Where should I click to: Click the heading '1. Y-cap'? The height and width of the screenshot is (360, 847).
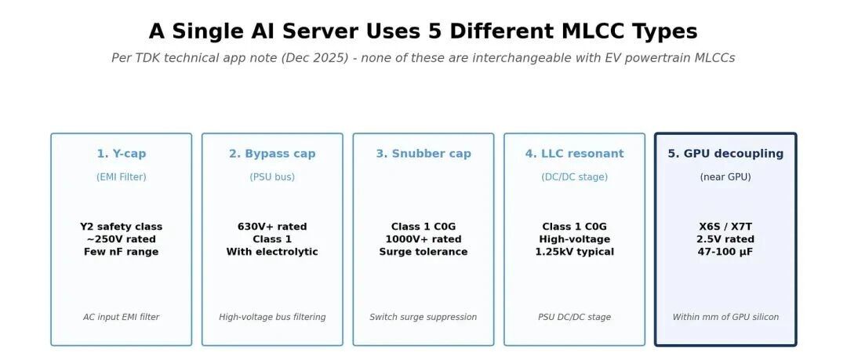[x=121, y=154]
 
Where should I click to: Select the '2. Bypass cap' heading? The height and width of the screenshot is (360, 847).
[x=272, y=154]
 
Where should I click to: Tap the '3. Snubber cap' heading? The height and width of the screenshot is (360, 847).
[x=423, y=154]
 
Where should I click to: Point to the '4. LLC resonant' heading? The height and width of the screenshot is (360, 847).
[x=574, y=154]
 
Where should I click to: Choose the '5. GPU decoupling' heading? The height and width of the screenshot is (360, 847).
[x=725, y=154]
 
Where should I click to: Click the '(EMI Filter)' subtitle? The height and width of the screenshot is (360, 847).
[x=121, y=176]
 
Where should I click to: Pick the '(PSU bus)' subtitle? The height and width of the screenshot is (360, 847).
[x=272, y=176]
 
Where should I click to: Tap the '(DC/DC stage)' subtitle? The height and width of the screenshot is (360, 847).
[x=574, y=176]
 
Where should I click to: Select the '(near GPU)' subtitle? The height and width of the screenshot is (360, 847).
[x=725, y=176]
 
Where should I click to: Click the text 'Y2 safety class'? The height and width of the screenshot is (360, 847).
[x=121, y=227]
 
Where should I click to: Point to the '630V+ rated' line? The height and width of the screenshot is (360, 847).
[x=272, y=227]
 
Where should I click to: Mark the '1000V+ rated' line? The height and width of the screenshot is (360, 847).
[x=423, y=239]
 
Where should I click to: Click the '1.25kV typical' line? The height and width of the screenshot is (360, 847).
[x=574, y=251]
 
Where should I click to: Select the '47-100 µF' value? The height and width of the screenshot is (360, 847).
[x=725, y=251]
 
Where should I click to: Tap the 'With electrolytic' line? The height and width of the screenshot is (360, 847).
[x=272, y=251]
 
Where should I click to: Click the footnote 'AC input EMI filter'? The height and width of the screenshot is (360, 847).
[x=121, y=317]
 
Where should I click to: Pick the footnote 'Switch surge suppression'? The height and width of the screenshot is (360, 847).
[x=423, y=317]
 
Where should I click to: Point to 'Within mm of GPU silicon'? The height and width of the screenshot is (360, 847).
[x=725, y=317]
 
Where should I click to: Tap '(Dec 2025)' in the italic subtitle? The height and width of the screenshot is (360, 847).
[x=315, y=58]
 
